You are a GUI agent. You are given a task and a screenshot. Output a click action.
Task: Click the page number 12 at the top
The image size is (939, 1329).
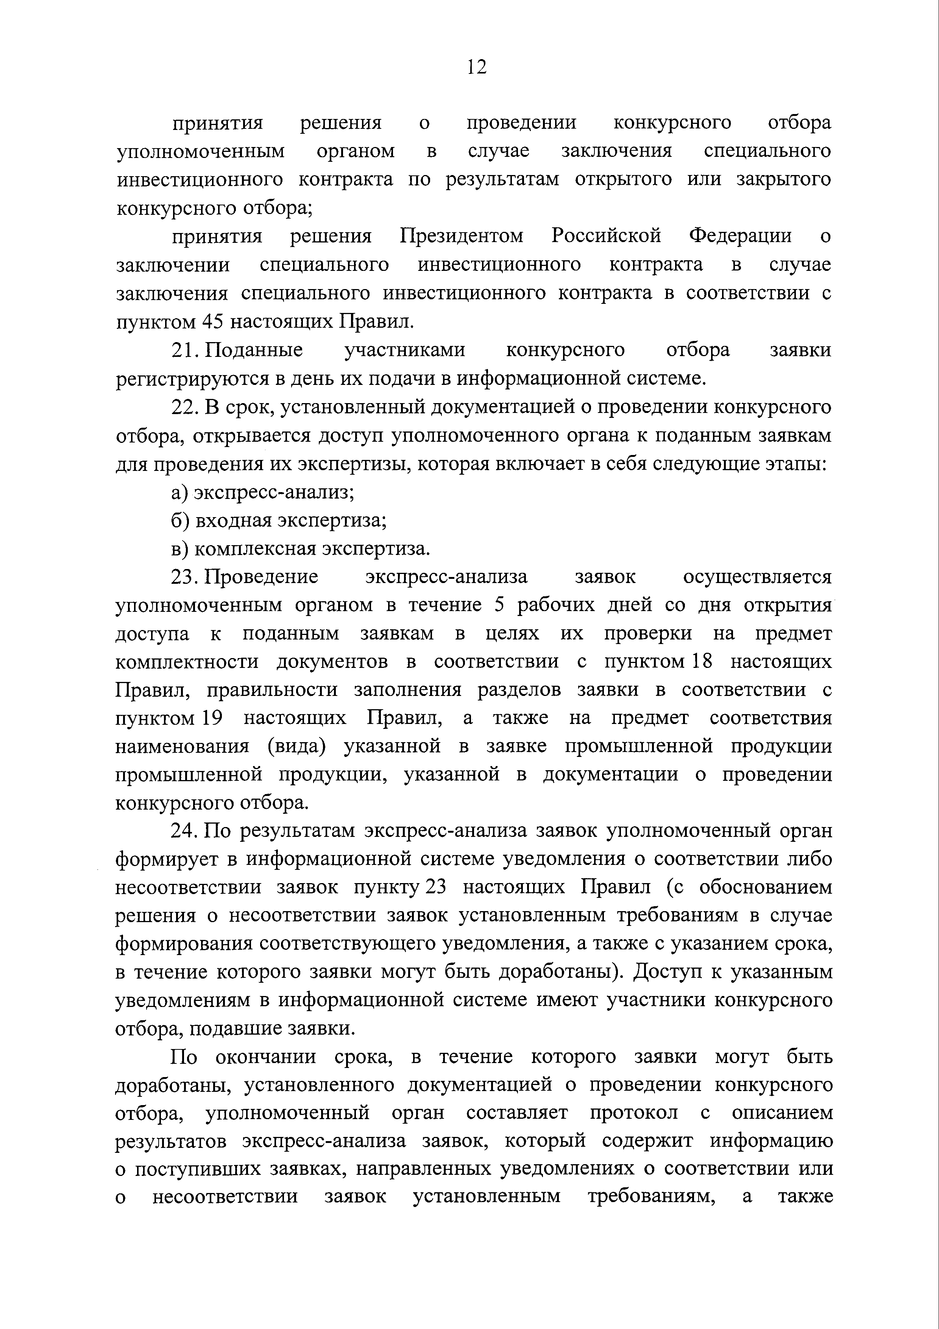[x=477, y=68]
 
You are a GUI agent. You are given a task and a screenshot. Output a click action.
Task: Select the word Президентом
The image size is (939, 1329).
[x=461, y=236]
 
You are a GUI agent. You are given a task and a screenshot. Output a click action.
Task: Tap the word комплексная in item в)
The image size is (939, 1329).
[x=254, y=549]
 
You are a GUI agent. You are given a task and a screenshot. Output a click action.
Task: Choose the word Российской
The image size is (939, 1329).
[x=606, y=236]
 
